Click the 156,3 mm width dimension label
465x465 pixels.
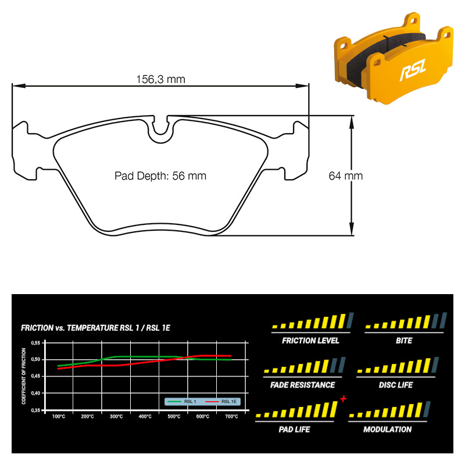tap(160, 79)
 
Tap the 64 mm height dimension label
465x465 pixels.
tap(345, 176)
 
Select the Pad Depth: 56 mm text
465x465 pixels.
tap(160, 176)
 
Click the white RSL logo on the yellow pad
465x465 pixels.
tap(413, 70)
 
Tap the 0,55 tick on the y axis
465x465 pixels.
tap(35, 343)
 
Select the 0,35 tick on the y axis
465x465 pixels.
tap(35, 410)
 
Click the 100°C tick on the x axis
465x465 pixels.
tap(59, 417)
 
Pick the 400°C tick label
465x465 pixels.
tap(145, 417)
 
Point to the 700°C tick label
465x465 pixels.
tap(231, 417)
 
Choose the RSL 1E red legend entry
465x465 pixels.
tap(221, 402)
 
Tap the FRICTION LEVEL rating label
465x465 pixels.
tap(310, 341)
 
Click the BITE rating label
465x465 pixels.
tap(404, 341)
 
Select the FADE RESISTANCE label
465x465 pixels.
tap(302, 385)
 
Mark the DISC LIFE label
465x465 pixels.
tap(396, 385)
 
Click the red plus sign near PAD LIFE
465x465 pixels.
tap(344, 399)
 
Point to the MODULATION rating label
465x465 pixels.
tap(387, 430)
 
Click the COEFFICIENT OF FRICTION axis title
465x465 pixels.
tap(24, 376)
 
